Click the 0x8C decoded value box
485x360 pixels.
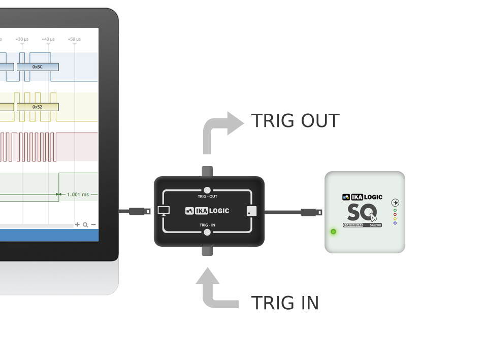tap(38, 67)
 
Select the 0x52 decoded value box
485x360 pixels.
tap(38, 107)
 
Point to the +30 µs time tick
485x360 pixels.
tap(22, 39)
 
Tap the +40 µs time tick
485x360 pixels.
tap(48, 39)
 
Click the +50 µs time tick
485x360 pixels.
tap(74, 39)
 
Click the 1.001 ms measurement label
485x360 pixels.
tap(78, 194)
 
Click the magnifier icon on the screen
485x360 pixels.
tap(85, 224)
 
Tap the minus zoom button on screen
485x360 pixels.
tap(93, 224)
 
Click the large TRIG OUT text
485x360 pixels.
tap(295, 121)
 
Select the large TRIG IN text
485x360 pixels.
tap(285, 303)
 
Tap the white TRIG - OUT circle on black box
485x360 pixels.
tap(207, 190)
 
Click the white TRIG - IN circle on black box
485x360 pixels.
tap(207, 233)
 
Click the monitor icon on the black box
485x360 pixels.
tap(164, 211)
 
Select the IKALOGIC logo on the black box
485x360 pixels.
tap(207, 211)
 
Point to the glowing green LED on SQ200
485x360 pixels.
tap(333, 232)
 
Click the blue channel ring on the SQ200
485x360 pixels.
tap(395, 223)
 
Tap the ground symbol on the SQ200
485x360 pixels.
tap(395, 203)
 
